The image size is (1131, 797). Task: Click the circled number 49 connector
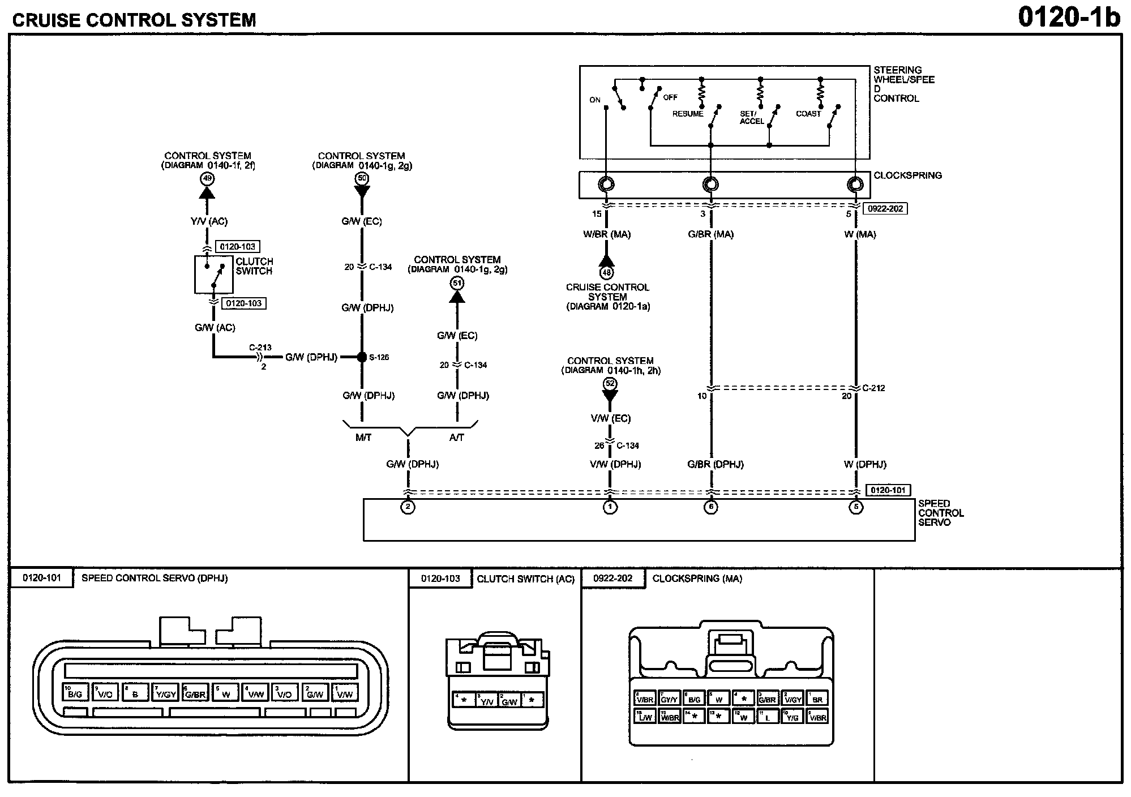coord(207,179)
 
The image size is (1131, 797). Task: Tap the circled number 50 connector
coord(362,179)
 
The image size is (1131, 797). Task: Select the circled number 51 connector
coord(457,283)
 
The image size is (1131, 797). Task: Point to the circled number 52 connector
coord(610,384)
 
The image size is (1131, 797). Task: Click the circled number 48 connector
coord(607,273)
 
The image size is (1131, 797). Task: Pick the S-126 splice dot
coord(362,357)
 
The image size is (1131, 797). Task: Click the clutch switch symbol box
coord(213,275)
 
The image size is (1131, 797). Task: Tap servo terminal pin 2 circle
coord(408,507)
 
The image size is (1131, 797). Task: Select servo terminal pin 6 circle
coord(711,507)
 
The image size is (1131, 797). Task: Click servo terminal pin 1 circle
coord(610,507)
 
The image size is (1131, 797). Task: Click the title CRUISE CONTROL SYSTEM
coord(134,20)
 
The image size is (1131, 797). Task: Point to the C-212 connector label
coord(873,388)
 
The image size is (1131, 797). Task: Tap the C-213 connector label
coord(260,348)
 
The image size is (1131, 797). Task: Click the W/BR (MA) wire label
coord(607,234)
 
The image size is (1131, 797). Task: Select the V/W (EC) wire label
coord(610,418)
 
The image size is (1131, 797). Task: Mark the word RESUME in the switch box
coord(688,114)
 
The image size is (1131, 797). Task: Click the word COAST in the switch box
coord(808,114)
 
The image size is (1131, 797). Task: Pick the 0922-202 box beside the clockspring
coord(885,209)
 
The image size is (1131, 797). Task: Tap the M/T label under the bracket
coord(363,438)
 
